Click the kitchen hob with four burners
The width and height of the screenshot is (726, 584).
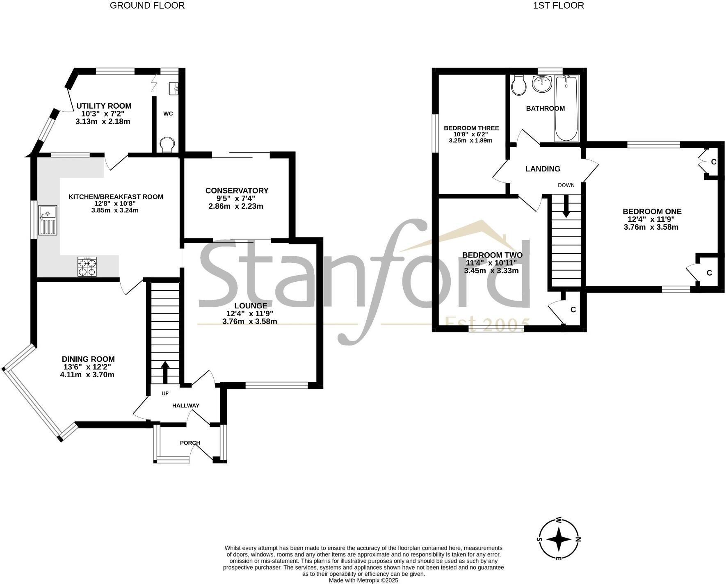pos(87,267)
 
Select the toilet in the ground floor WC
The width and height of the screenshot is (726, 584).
pos(167,145)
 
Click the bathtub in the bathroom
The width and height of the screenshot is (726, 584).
pos(566,108)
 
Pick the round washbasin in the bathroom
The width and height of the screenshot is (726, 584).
pos(542,84)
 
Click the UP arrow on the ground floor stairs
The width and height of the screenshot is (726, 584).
pos(165,372)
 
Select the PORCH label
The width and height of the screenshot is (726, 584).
pos(190,443)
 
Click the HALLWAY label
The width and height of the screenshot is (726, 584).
pos(185,406)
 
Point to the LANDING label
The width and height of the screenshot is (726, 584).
pos(543,169)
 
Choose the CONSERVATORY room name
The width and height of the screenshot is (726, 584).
pos(237,191)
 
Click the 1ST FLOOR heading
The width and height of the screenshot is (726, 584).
pos(558,5)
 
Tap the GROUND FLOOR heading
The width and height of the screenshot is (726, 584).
pos(147,5)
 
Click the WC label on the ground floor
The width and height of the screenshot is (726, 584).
pos(168,114)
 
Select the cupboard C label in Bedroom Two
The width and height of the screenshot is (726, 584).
pos(573,310)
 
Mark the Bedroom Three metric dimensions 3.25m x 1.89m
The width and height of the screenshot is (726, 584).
pos(471,140)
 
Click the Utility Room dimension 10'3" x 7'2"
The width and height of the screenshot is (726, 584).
pos(103,114)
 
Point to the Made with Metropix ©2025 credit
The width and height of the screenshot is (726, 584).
pos(363,580)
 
